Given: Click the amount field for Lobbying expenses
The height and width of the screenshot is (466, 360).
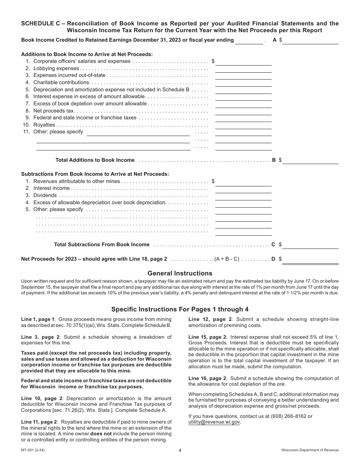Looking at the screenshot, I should [243, 69].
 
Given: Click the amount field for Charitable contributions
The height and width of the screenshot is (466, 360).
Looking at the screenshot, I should [243, 83].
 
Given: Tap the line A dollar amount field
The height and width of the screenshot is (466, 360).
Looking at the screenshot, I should [310, 41].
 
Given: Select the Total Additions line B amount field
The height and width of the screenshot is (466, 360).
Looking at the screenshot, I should [310, 160].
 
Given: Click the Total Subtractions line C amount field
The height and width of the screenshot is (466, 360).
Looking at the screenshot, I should [310, 245].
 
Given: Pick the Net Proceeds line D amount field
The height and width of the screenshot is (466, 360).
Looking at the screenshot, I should [310, 259].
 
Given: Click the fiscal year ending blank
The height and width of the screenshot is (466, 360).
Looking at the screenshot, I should [249, 41].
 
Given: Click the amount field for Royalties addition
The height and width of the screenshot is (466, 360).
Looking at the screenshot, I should [243, 125].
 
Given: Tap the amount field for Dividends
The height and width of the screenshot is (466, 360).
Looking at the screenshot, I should [243, 195].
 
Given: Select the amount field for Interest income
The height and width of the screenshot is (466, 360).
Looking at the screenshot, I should [243, 188].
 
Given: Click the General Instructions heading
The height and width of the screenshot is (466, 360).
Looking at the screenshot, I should [180, 273].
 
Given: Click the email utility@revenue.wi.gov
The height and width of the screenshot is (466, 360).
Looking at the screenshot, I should [214, 422].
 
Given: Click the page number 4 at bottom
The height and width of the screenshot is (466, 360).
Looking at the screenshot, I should [180, 450].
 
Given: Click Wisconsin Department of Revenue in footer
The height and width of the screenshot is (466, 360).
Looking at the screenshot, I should [310, 450].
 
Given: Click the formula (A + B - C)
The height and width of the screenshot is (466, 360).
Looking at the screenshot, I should [227, 259].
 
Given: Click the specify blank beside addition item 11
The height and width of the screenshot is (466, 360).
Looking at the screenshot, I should [138, 132].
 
